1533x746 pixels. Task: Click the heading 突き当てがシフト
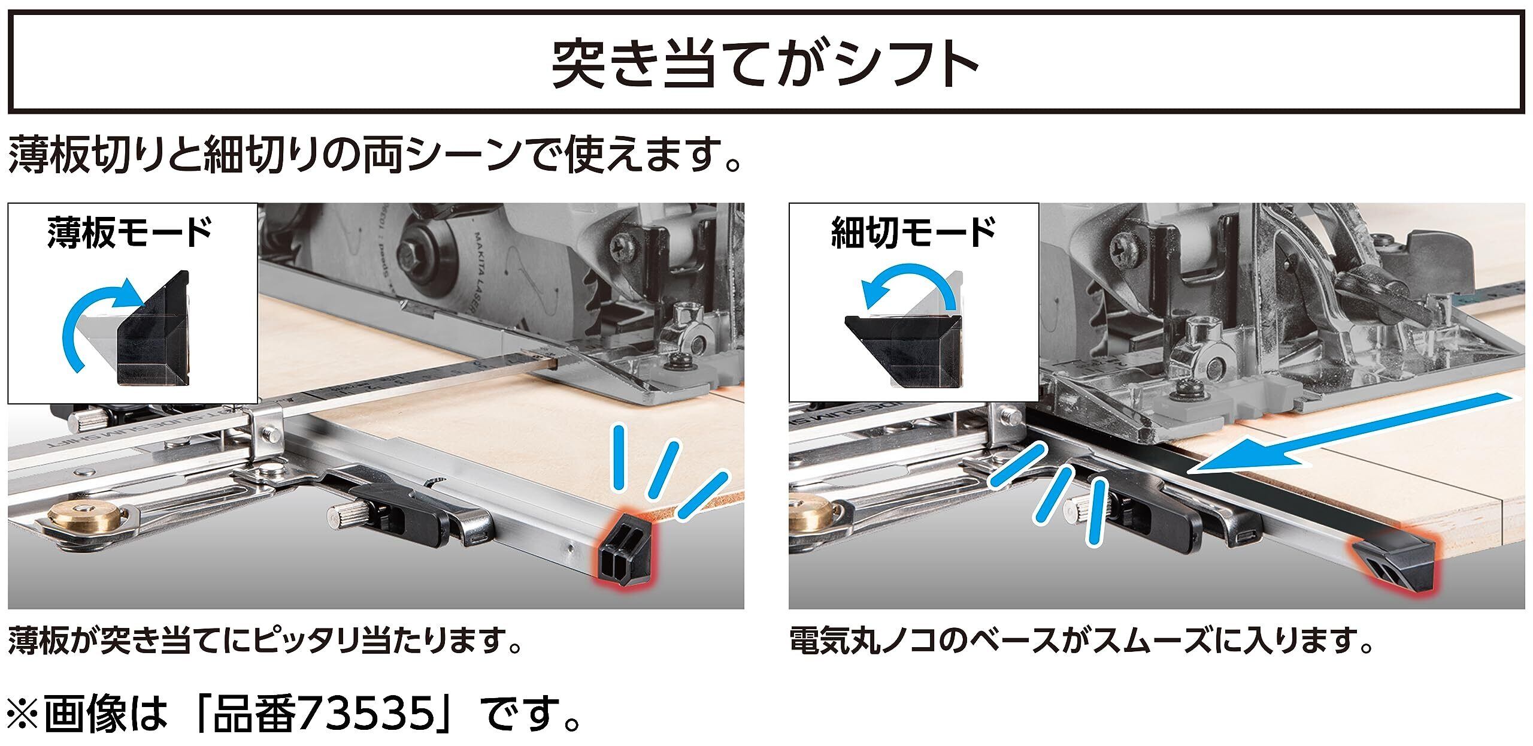[x=765, y=64]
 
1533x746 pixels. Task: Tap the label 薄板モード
[x=130, y=233]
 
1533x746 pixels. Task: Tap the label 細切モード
[x=913, y=232]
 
